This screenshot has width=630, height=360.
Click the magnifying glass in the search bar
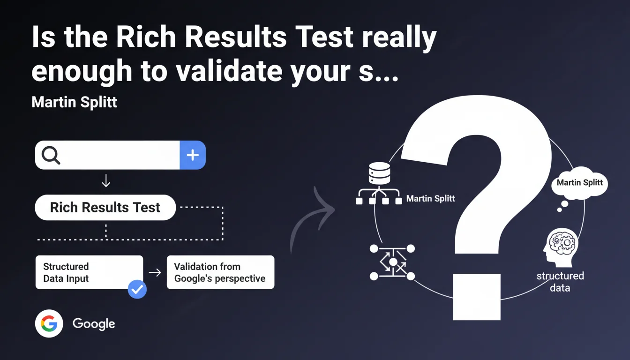[x=51, y=155]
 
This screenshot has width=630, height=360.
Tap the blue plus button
[x=193, y=155]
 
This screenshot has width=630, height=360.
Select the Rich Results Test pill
[x=105, y=207]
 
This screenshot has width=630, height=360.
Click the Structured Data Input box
[x=89, y=272]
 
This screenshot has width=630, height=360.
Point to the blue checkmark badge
[x=137, y=289]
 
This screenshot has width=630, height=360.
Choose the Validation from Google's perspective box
[x=220, y=272]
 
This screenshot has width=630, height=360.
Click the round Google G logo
[x=49, y=323]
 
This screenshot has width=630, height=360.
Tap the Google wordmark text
[x=94, y=324]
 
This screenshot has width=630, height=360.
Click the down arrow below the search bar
[x=106, y=180]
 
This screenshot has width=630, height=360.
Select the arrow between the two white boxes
[x=155, y=272]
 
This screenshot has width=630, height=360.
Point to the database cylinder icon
[x=379, y=173]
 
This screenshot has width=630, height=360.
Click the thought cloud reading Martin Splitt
[x=579, y=183]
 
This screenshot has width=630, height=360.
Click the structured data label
[x=560, y=282]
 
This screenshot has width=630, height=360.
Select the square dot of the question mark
[x=477, y=297]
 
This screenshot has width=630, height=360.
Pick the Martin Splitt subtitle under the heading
[x=74, y=102]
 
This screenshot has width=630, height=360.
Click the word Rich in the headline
[x=146, y=37]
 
